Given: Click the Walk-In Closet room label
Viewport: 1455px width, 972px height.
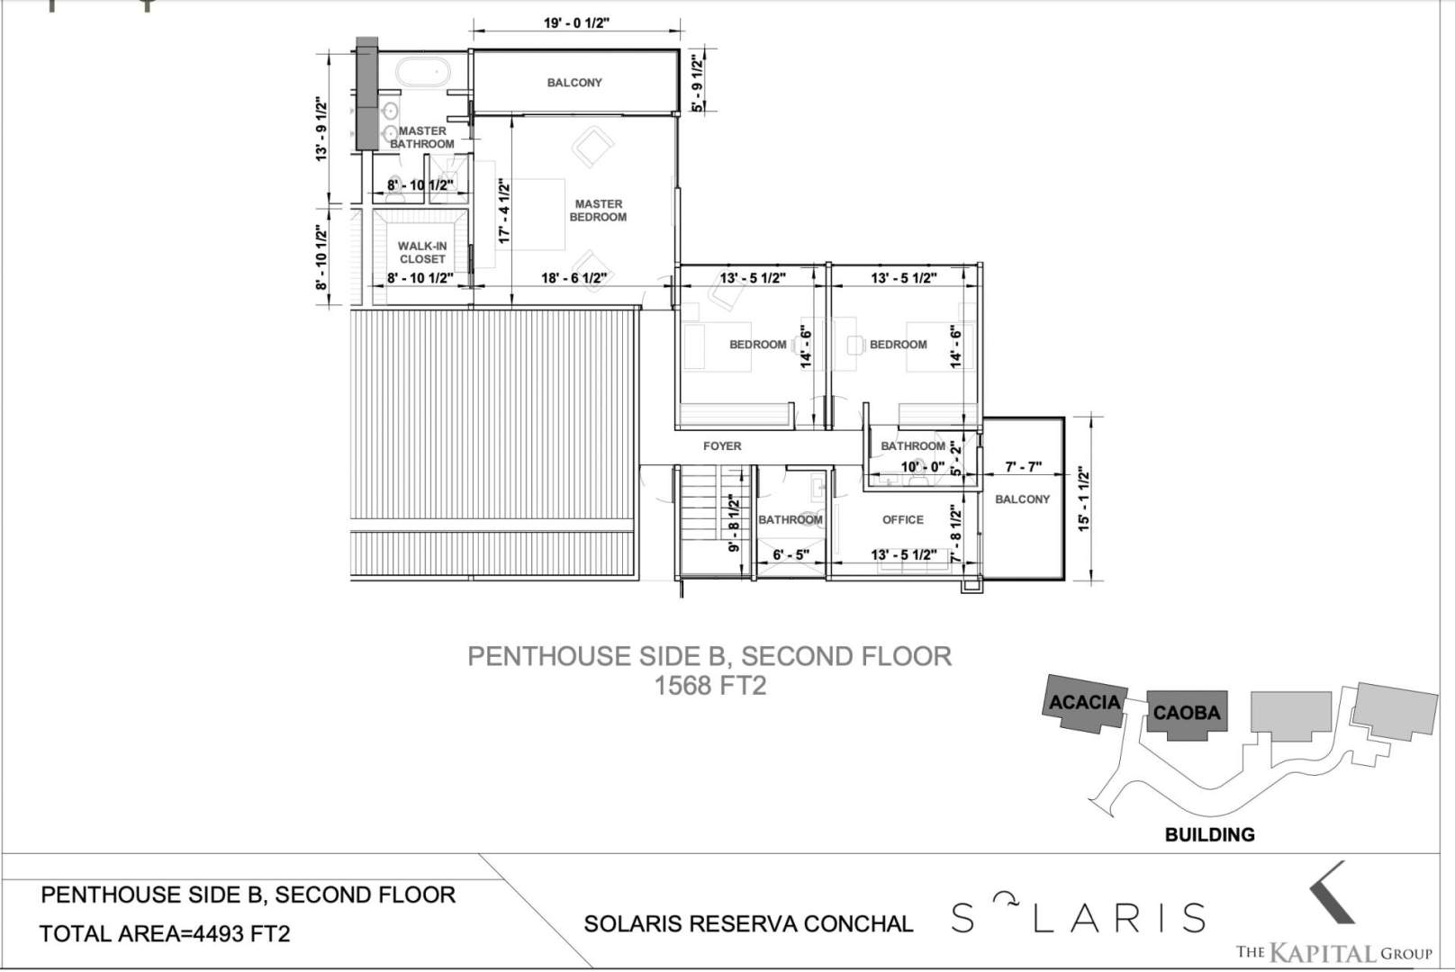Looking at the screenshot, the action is click(422, 253).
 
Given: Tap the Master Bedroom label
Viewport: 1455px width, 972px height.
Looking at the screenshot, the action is click(598, 211).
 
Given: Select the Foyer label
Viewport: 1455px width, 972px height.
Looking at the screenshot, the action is click(722, 446).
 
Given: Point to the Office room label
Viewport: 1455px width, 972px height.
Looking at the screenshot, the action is click(903, 519).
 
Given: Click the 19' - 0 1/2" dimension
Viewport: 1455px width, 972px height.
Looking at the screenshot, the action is click(577, 22).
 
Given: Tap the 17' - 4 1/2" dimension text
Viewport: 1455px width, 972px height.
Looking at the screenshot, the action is click(504, 211).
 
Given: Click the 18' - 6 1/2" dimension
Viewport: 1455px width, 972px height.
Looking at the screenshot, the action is click(574, 278).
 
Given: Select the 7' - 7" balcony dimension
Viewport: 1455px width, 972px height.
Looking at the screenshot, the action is click(1023, 467).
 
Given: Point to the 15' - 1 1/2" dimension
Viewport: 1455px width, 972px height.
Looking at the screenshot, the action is click(1084, 499).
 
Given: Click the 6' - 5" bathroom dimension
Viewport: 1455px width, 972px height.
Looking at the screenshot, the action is click(791, 555).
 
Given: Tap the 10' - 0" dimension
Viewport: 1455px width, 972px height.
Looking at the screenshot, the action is click(922, 467).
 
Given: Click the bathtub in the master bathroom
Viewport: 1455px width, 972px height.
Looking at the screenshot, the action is click(422, 72).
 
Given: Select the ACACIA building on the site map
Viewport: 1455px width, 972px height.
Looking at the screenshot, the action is click(1084, 704).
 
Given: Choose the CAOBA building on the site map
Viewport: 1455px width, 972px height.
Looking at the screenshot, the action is click(1187, 715).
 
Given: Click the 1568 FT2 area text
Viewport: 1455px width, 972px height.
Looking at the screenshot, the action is click(710, 686).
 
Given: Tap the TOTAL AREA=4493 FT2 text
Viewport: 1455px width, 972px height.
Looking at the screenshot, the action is click(165, 933).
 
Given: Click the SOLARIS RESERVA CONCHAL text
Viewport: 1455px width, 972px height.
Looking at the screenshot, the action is click(748, 923).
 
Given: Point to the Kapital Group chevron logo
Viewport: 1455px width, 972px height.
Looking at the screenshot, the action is click(1331, 892).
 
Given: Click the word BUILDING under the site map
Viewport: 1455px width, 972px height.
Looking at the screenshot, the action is click(1209, 835).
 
